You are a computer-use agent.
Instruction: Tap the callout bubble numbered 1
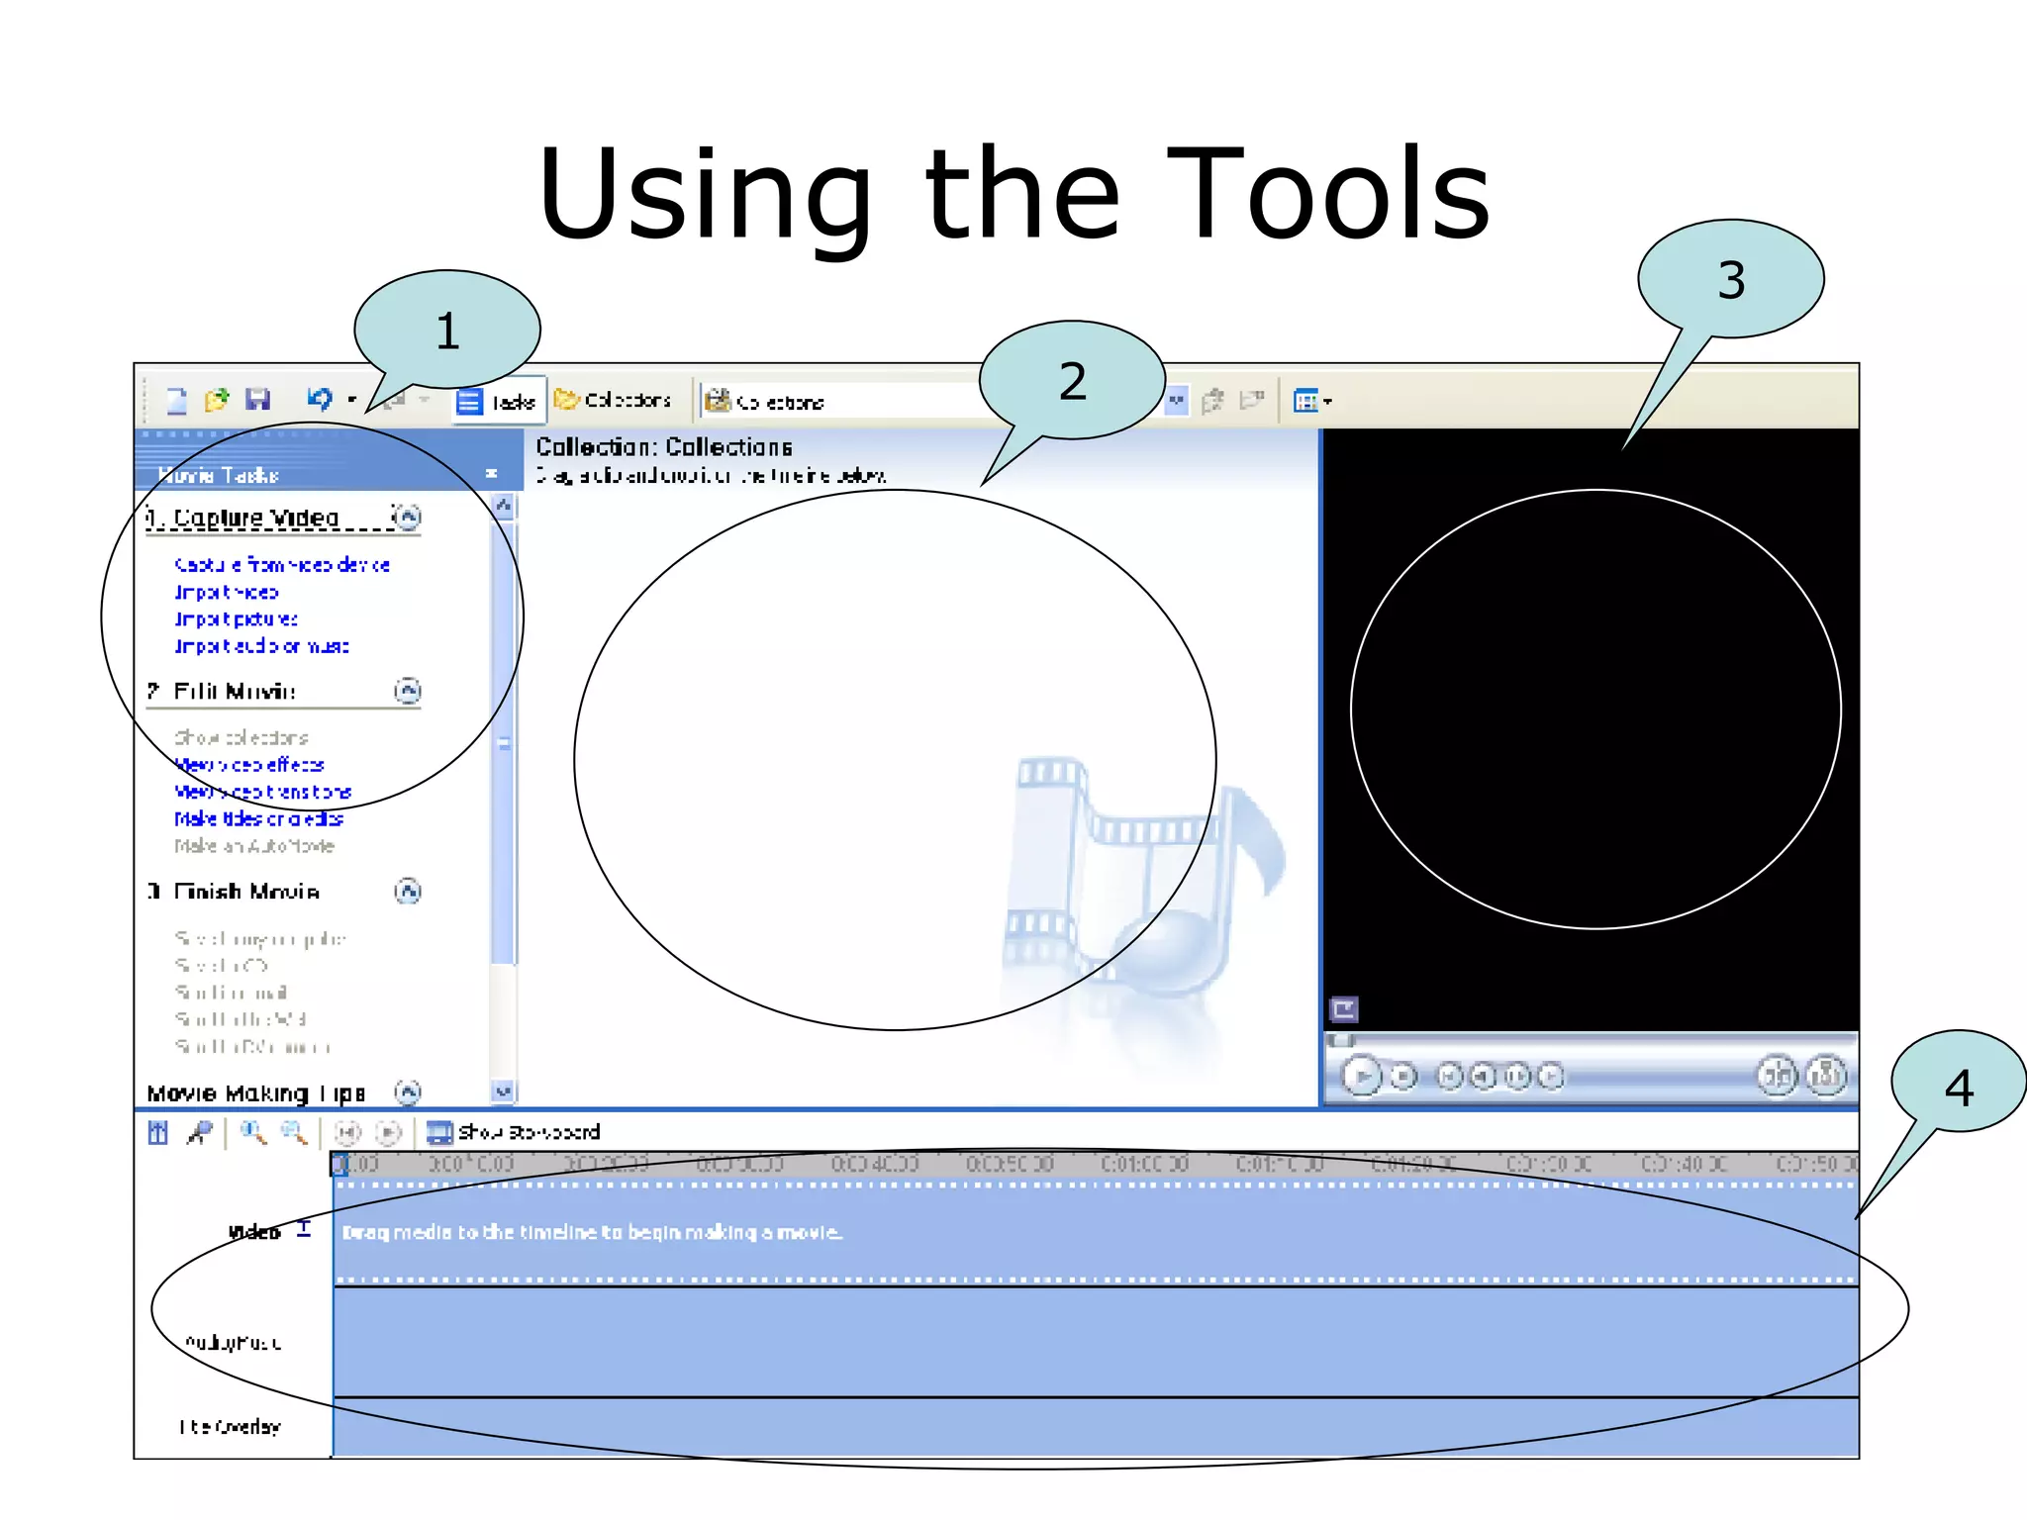[447, 330]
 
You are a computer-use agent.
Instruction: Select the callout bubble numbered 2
[1072, 381]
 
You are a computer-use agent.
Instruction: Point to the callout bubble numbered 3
[1730, 280]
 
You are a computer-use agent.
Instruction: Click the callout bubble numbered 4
[1958, 1087]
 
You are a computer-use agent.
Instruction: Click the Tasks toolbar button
[498, 402]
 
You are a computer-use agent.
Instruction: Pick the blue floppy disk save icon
[258, 400]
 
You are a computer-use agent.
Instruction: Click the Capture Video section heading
[256, 518]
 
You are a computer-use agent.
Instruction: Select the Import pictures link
[236, 619]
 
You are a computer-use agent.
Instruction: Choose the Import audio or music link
[261, 646]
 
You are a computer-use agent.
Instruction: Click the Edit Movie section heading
[235, 691]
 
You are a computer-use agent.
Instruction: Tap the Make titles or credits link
[258, 818]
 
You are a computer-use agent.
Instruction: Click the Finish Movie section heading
[246, 892]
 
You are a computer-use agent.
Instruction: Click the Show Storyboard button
[514, 1132]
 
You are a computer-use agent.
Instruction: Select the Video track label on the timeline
[254, 1232]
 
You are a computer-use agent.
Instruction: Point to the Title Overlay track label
[230, 1426]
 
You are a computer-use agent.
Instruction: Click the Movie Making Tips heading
[255, 1093]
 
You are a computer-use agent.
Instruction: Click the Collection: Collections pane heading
[664, 447]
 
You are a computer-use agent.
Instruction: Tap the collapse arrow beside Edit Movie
[408, 691]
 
